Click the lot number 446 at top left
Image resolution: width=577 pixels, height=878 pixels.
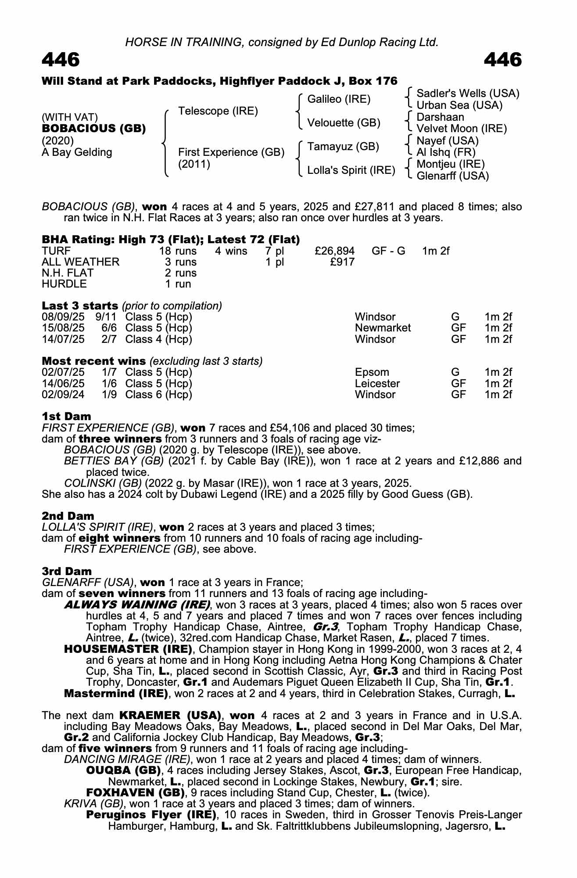[61, 60]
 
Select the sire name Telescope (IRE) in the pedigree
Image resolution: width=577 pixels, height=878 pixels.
[218, 111]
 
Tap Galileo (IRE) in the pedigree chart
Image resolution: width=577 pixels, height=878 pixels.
[339, 99]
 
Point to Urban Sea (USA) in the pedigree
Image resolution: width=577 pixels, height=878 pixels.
[459, 105]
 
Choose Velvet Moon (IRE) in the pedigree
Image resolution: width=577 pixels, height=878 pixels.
[461, 129]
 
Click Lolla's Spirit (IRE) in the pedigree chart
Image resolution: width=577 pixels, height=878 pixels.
[351, 170]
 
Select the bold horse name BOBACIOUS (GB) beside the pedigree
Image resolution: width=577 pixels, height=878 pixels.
[93, 129]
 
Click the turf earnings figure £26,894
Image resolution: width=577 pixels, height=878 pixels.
[334, 251]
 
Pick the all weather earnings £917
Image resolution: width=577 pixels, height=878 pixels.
[342, 262]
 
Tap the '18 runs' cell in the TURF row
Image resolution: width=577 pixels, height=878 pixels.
[178, 251]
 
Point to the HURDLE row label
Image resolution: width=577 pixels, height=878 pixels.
[64, 284]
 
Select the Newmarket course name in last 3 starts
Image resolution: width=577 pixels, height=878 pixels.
[383, 328]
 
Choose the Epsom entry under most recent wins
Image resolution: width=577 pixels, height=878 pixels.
[372, 372]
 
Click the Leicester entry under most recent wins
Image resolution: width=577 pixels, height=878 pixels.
[377, 383]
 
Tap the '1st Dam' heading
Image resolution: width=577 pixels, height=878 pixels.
[67, 416]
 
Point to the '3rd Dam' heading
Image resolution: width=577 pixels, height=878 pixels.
[67, 571]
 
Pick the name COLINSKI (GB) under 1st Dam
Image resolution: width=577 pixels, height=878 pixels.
[103, 483]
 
